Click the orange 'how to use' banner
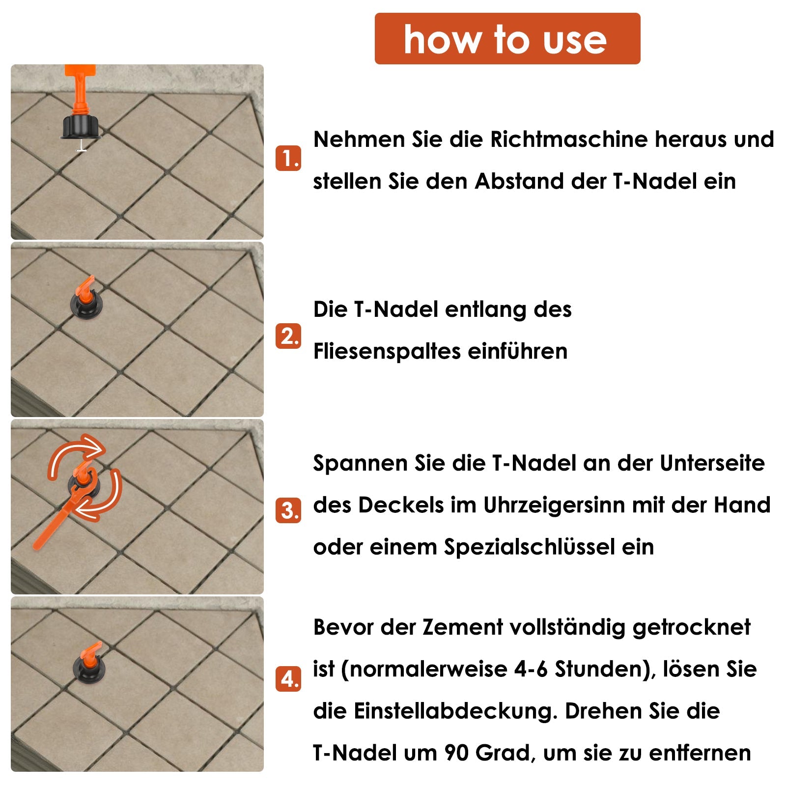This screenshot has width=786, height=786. (x=507, y=39)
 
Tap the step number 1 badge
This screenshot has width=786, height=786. (x=288, y=158)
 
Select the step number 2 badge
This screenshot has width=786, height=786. (x=288, y=336)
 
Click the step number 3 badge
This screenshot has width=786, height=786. (x=288, y=510)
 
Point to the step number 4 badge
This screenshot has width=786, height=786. (x=288, y=679)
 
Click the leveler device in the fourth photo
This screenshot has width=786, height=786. (x=89, y=664)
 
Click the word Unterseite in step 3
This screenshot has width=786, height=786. (x=712, y=463)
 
